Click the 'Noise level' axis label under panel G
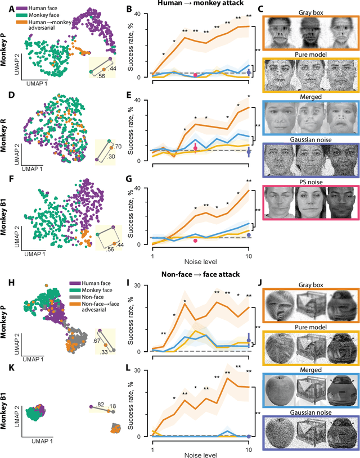pyautogui.click(x=201, y=263)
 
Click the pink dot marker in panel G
pyautogui.click(x=195, y=241)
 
